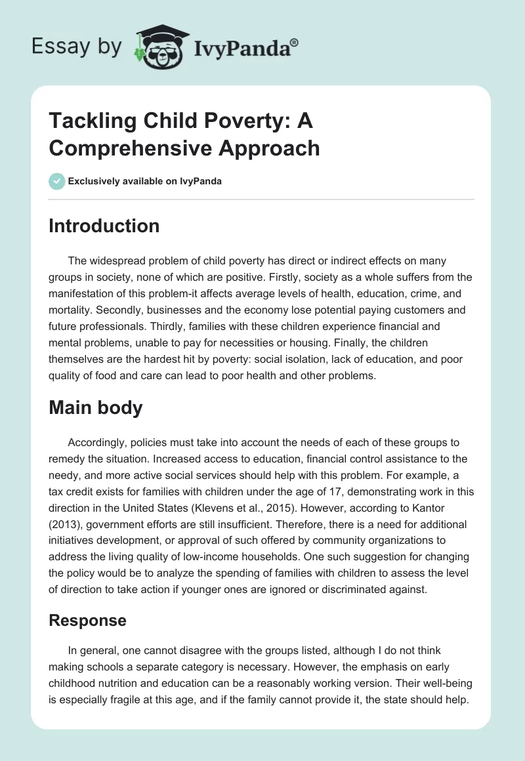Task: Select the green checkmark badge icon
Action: (56, 181)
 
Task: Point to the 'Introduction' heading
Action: (104, 226)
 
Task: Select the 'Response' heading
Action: (88, 620)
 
